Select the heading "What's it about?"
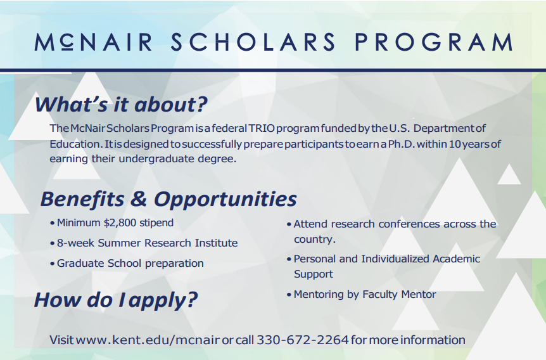click(x=121, y=103)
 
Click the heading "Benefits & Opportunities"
click(x=168, y=198)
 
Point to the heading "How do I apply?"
click(x=116, y=299)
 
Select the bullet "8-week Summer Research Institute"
click(x=147, y=243)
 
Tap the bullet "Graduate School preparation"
click(x=130, y=264)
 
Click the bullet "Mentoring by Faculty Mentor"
click(x=364, y=295)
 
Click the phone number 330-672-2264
click(x=303, y=340)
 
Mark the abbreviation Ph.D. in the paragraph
click(x=401, y=144)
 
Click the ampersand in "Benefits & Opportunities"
click(x=138, y=198)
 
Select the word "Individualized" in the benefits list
click(x=395, y=259)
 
